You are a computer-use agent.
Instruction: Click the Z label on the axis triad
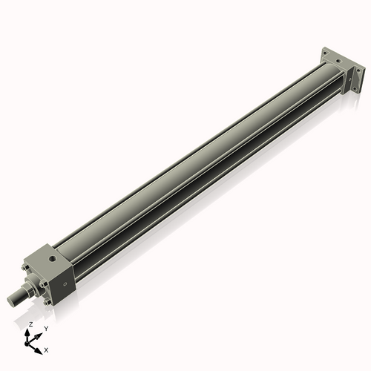point(30,324)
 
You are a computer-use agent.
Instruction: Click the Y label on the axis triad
point(46,328)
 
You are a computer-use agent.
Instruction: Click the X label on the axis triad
point(47,349)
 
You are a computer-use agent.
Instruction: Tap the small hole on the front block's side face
point(66,283)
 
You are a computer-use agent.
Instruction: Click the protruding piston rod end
point(15,298)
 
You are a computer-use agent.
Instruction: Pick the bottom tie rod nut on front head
point(48,301)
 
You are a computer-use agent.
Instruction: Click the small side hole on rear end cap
point(349,76)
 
